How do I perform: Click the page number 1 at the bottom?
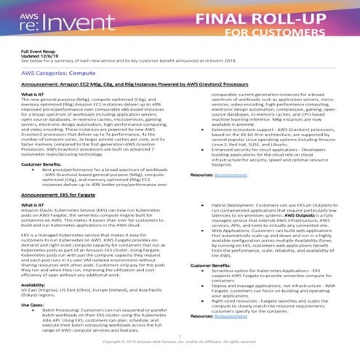pyautogui.click(x=180, y=336)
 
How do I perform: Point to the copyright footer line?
pyautogui.click(x=180, y=341)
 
